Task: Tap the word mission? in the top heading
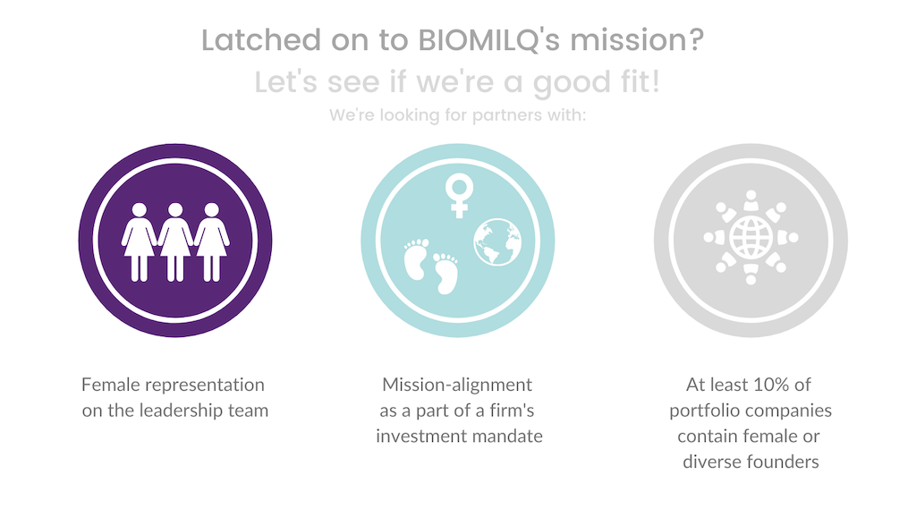pyautogui.click(x=637, y=40)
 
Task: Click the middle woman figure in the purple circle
pyautogui.click(x=175, y=241)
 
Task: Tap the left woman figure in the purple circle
pyautogui.click(x=139, y=241)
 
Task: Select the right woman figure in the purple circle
pyautogui.click(x=211, y=241)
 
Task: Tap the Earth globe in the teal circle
pyautogui.click(x=497, y=242)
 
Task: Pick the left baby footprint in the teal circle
pyautogui.click(x=417, y=259)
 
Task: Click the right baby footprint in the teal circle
pyautogui.click(x=445, y=273)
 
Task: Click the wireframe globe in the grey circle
pyautogui.click(x=751, y=238)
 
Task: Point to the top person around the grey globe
pyautogui.click(x=751, y=200)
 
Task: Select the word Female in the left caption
pyautogui.click(x=110, y=385)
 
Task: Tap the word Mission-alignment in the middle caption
pyautogui.click(x=457, y=385)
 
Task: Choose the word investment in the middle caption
pyautogui.click(x=414, y=436)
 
